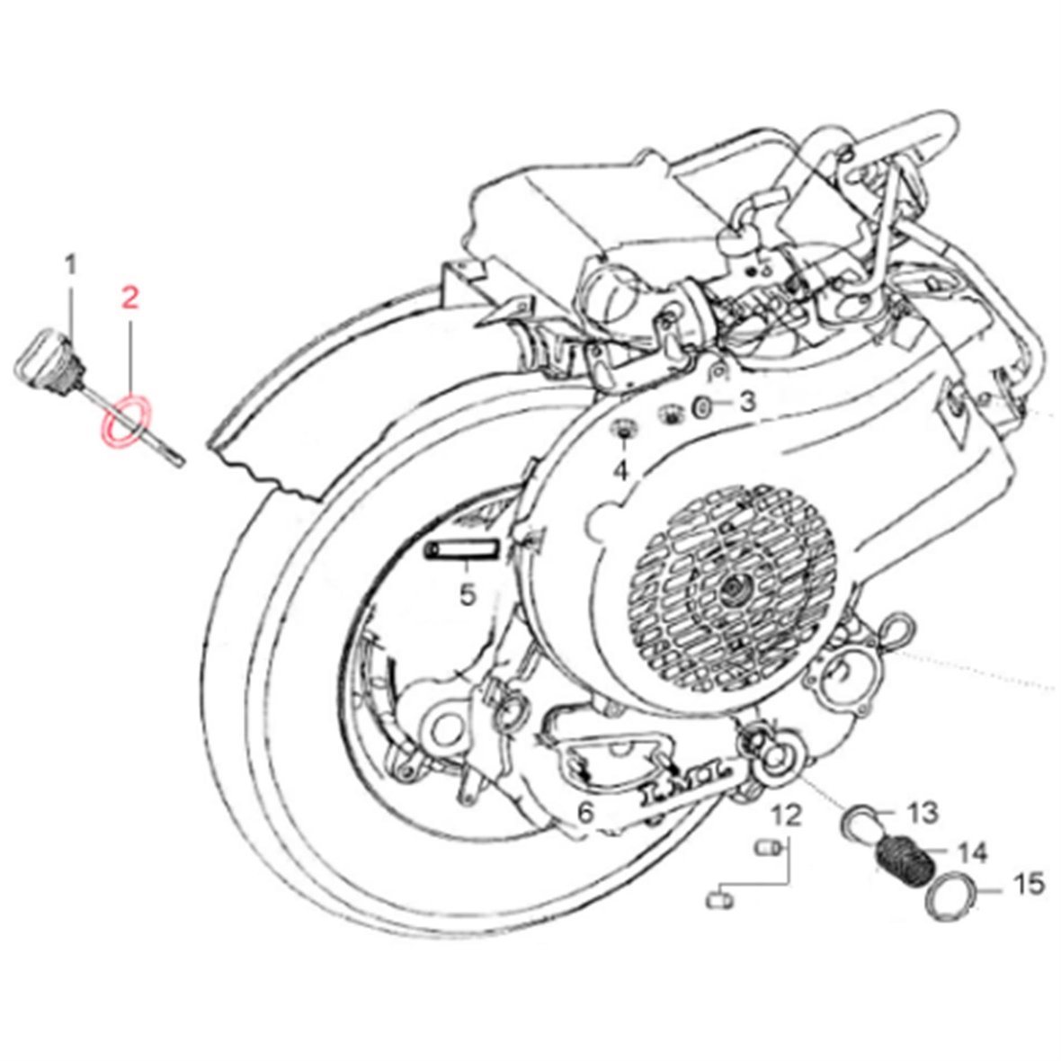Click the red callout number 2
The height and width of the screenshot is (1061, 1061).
click(130, 299)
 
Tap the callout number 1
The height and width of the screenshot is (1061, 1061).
click(71, 265)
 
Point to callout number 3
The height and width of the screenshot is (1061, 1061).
click(748, 402)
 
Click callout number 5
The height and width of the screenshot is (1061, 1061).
click(466, 594)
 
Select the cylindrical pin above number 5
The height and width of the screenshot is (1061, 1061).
click(462, 548)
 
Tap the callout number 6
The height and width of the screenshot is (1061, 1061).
click(585, 814)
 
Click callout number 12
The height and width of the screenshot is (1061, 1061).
click(785, 815)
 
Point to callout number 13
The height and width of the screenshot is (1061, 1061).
click(923, 813)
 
